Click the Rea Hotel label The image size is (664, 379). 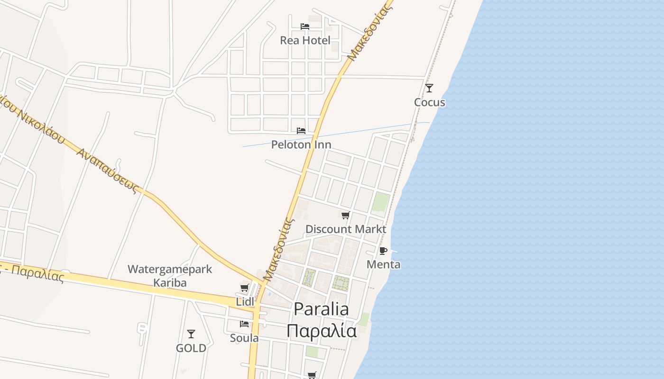pyautogui.click(x=305, y=40)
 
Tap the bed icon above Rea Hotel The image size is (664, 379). pyautogui.click(x=305, y=27)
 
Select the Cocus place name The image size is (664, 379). pyautogui.click(x=429, y=102)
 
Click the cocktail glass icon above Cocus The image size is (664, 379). pyautogui.click(x=429, y=88)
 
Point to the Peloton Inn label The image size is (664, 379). pyautogui.click(x=301, y=144)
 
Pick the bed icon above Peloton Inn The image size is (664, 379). pyautogui.click(x=301, y=131)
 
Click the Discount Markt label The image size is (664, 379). pyautogui.click(x=346, y=229)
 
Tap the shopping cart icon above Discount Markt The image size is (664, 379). pyautogui.click(x=346, y=216)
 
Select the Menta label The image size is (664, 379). pyautogui.click(x=384, y=264)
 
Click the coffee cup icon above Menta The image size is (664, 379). pyautogui.click(x=383, y=251)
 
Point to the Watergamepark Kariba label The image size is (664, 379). pyautogui.click(x=170, y=276)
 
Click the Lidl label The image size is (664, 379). pyautogui.click(x=245, y=302)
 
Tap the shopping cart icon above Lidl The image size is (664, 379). pyautogui.click(x=245, y=288)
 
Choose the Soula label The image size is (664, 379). pyautogui.click(x=244, y=338)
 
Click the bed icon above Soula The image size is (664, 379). pyautogui.click(x=244, y=324)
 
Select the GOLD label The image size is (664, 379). pyautogui.click(x=191, y=348)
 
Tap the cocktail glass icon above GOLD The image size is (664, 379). pyautogui.click(x=191, y=334)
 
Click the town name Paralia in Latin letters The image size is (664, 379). pyautogui.click(x=321, y=309)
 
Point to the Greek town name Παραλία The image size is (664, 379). pyautogui.click(x=321, y=331)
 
